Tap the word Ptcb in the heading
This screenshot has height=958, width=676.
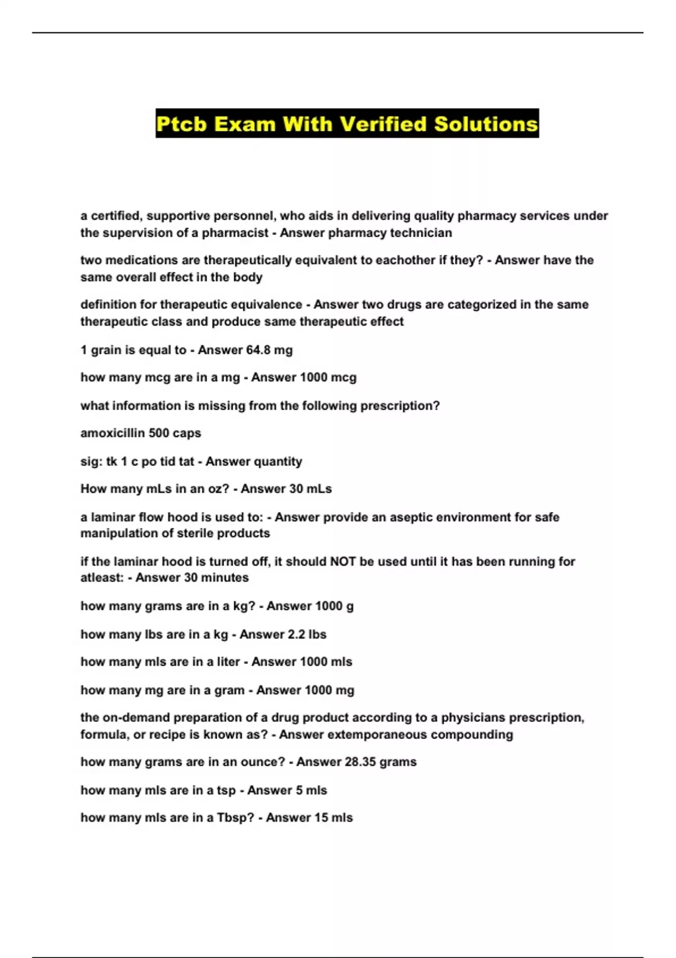(181, 124)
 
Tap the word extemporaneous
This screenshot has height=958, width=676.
(369, 735)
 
